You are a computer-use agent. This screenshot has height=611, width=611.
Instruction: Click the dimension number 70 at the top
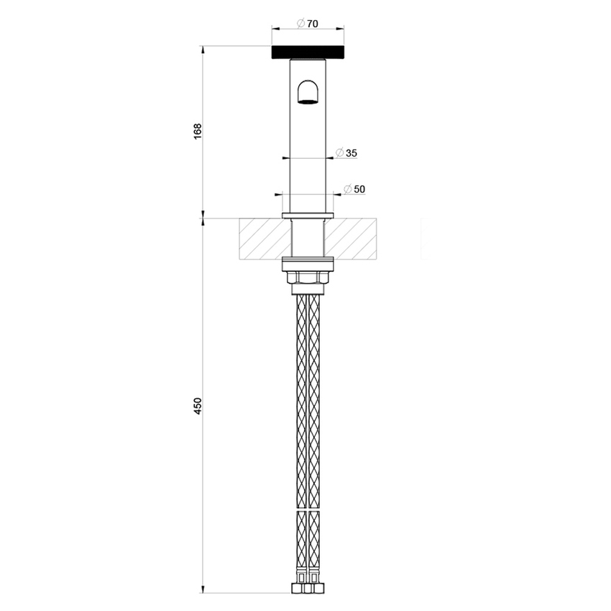[313, 23]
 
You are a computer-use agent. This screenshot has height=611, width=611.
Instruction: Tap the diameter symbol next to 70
[301, 23]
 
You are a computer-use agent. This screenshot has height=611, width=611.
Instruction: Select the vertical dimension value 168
[198, 132]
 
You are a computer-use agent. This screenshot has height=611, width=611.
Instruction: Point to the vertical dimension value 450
[198, 405]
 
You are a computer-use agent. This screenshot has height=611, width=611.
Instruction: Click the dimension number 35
[352, 153]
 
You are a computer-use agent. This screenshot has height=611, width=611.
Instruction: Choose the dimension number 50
[360, 189]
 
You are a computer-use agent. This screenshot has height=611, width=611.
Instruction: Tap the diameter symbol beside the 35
[339, 153]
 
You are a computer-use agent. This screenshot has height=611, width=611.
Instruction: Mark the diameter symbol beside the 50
[348, 189]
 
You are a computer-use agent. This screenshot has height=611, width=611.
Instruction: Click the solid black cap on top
[308, 52]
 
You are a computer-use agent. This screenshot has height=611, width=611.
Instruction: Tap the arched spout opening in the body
[308, 93]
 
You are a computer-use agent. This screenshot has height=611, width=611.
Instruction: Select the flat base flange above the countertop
[308, 216]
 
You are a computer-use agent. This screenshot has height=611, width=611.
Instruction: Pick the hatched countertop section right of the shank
[352, 239]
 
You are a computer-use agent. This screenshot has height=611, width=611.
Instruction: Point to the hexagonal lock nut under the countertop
[308, 277]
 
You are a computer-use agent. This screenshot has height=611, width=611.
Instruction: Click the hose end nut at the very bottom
[308, 589]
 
